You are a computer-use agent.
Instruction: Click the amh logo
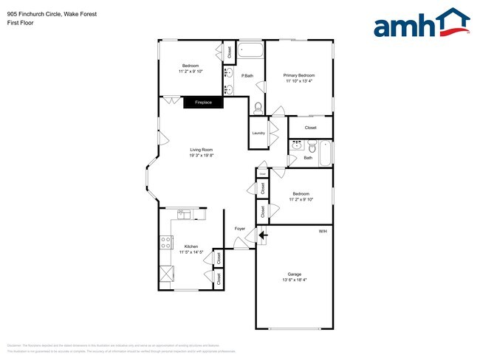point(422,24)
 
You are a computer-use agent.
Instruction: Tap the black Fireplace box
point(203,103)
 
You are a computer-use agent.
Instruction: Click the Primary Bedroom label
point(300,75)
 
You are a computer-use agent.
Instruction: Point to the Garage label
point(295,274)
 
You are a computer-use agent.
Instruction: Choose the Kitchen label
point(191,246)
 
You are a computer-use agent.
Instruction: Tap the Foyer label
point(240,229)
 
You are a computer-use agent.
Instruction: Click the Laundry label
point(258,133)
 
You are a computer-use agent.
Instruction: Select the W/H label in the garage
point(323,232)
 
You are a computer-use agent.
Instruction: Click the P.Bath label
point(248,76)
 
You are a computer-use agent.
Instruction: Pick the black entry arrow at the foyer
point(262,235)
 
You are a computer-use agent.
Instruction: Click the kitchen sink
point(185,215)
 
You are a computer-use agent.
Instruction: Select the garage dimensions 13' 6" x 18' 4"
point(295,280)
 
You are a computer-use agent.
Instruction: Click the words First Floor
point(20,23)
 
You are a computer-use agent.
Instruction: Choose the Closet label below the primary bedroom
point(311,128)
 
